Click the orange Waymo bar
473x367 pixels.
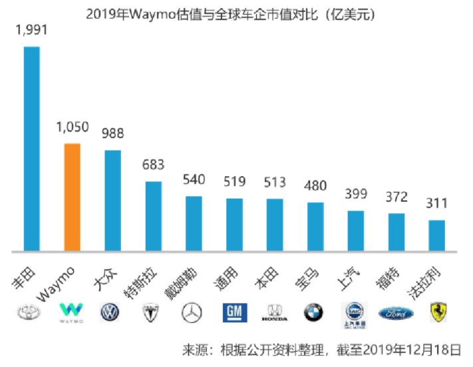click(72, 197)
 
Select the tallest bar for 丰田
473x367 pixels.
click(32, 149)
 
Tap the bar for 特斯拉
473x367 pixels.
click(153, 217)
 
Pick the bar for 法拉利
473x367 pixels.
click(437, 236)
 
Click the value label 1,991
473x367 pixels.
click(31, 31)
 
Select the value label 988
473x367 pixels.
click(112, 133)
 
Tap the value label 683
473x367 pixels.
click(153, 165)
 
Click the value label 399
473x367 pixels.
click(356, 194)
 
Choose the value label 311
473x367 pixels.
click(437, 203)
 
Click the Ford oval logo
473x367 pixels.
click(396, 312)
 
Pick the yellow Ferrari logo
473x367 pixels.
click(438, 312)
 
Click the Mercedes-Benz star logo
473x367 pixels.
click(192, 312)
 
